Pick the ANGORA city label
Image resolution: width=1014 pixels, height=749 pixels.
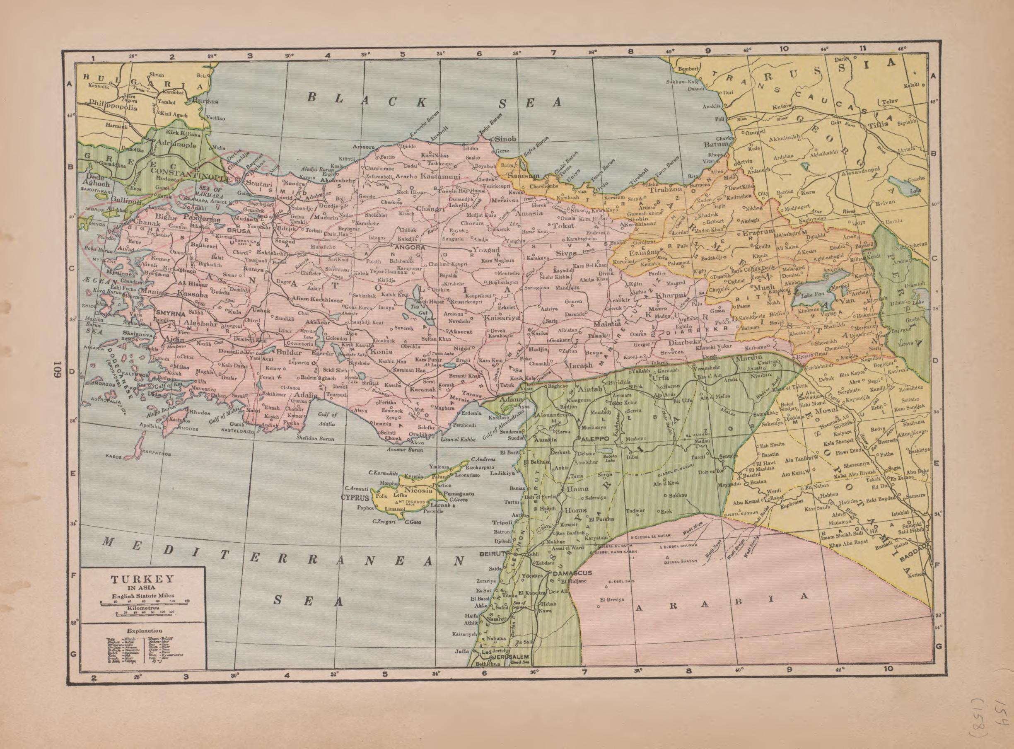pos(410,248)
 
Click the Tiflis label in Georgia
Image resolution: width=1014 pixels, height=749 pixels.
pos(879,126)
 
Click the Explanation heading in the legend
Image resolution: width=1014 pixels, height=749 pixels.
pos(145,631)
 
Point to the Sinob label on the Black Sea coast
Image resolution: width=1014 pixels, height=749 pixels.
pos(506,139)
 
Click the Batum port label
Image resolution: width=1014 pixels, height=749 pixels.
pos(716,145)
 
